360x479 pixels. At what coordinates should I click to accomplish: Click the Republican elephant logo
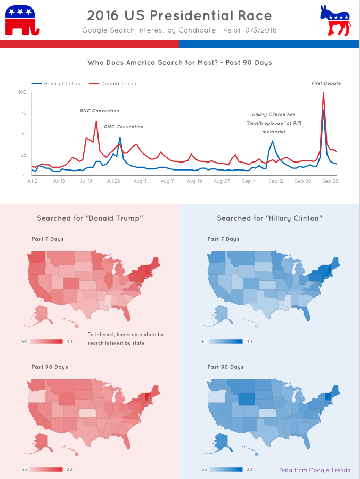coord(21,20)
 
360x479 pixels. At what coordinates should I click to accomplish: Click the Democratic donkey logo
coord(336,20)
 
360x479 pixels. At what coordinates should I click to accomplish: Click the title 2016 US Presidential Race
coord(179,15)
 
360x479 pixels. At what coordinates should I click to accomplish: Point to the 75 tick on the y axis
coord(23,113)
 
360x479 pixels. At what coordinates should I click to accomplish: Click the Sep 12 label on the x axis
coord(276,181)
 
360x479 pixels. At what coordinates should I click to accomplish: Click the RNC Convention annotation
coord(100,111)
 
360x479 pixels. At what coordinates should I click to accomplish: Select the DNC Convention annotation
coord(124,127)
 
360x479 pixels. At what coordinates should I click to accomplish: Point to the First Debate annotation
coord(326,83)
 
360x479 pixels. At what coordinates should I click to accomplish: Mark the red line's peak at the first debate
coord(323,93)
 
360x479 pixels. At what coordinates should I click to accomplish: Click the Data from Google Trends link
coord(315,470)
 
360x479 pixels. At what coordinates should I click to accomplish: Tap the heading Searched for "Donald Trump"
coord(90,218)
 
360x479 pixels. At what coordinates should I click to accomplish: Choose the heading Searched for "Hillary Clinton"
coord(270,218)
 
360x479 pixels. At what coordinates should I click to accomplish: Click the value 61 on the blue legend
coord(204,342)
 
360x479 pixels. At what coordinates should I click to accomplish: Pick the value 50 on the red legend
coord(24,342)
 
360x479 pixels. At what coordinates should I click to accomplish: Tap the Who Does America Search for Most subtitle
coord(179,63)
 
